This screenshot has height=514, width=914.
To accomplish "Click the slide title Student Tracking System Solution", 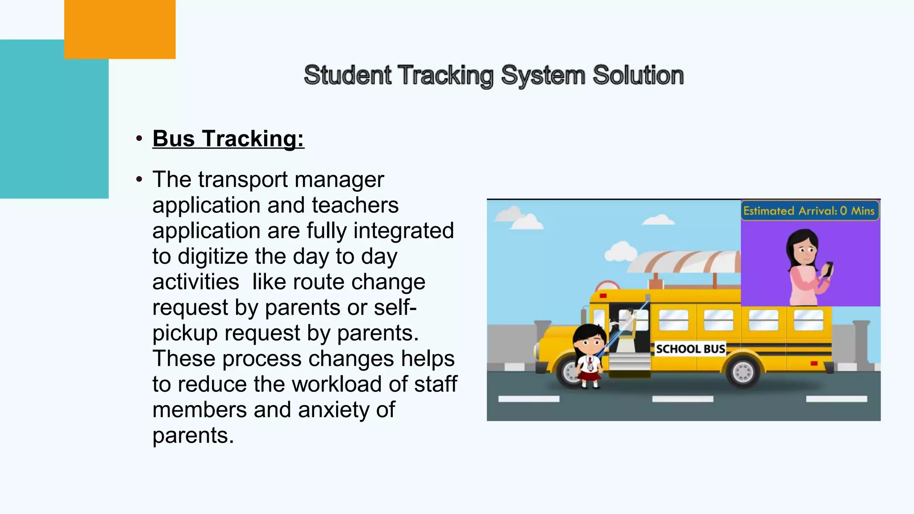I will point(494,75).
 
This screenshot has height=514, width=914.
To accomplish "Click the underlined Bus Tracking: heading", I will point(228,138).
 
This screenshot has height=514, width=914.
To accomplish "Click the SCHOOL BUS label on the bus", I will point(690,349).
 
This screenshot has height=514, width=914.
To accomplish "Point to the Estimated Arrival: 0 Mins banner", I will point(809,211).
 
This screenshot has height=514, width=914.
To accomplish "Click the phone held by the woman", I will point(828,269).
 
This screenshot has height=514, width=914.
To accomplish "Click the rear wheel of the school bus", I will point(743,371).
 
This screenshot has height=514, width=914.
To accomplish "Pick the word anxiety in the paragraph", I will point(334,410).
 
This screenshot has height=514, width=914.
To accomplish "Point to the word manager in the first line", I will point(339,180).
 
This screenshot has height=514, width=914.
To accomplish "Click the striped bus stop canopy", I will point(683,261).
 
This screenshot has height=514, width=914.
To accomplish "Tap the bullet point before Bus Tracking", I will point(139,138).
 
